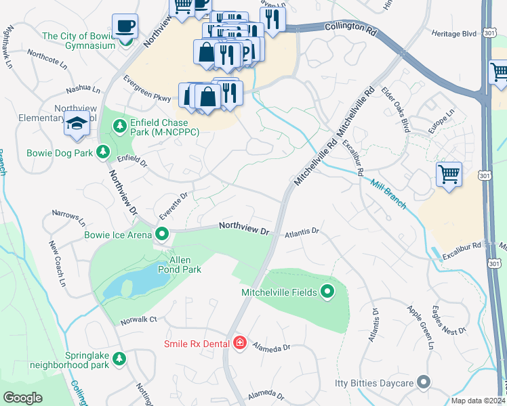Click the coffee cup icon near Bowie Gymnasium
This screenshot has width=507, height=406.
pos(125,26)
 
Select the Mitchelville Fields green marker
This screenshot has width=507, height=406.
pos(327,292)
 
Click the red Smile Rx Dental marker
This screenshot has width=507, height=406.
pos(239,344)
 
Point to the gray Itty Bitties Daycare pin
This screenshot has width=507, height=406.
pos(424,383)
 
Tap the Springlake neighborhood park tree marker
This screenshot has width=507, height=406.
pos(119,357)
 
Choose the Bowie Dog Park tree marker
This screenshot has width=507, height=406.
pos(104,153)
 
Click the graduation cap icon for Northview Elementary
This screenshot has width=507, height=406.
pos(75,124)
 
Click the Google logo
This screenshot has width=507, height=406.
pos(22,397)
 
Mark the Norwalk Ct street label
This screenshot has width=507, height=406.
pos(139,319)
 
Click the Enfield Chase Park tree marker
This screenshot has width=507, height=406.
pos(120,126)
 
